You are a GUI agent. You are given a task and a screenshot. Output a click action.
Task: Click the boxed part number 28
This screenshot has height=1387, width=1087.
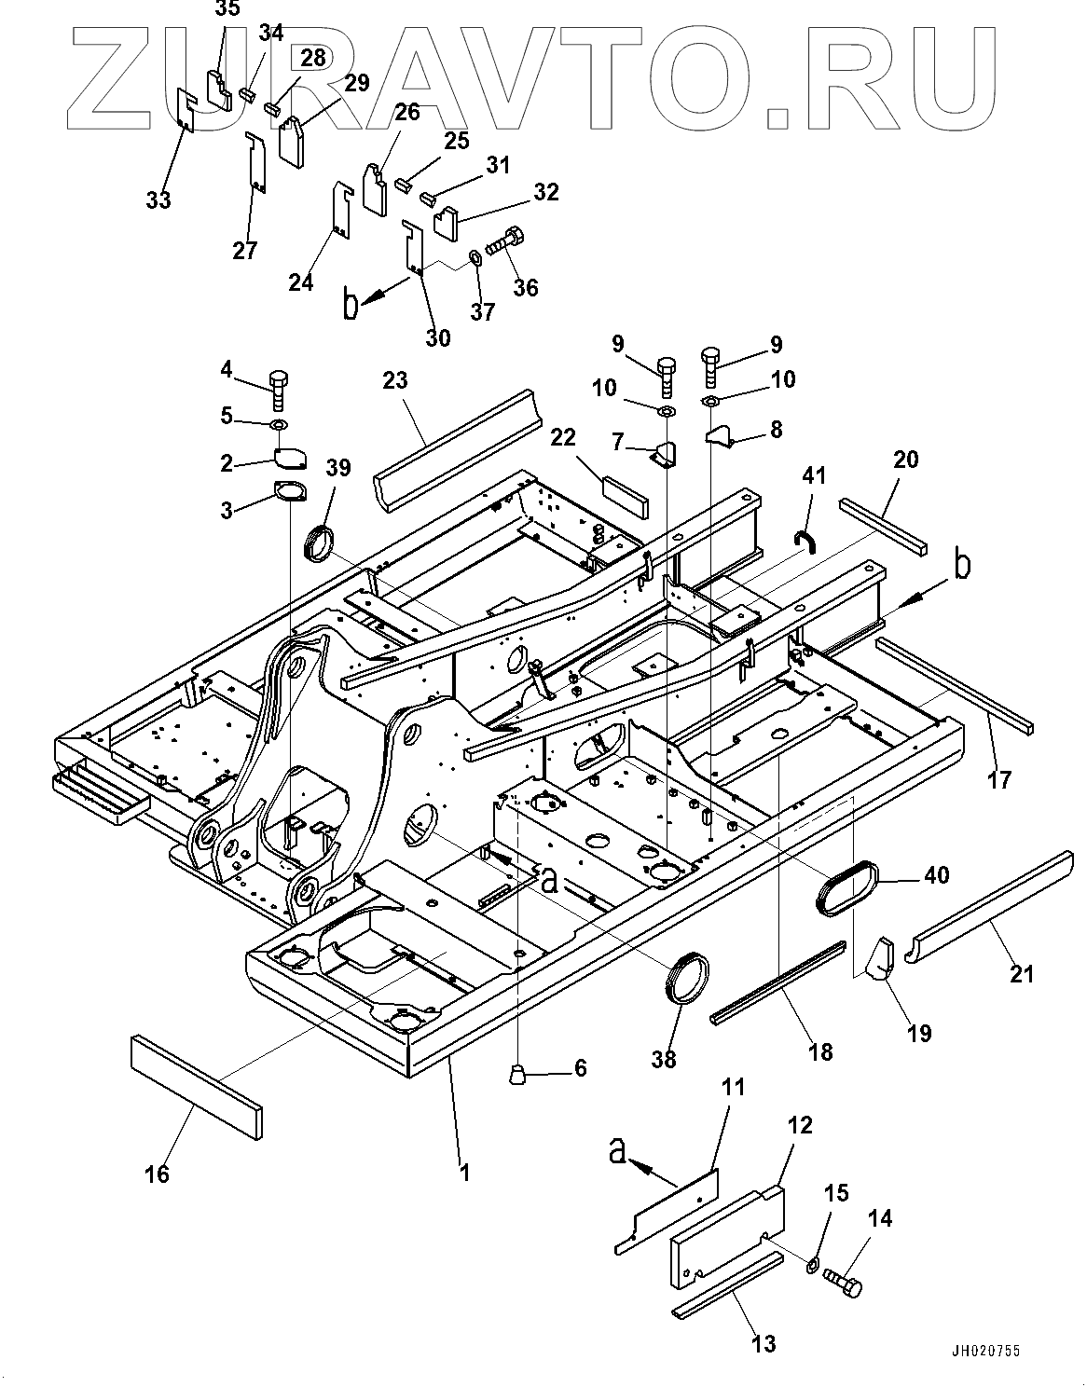(x=313, y=58)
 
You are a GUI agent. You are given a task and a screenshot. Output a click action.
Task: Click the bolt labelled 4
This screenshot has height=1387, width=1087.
(x=278, y=389)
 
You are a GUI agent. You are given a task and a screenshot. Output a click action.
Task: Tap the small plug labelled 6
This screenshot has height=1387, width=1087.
(x=517, y=1075)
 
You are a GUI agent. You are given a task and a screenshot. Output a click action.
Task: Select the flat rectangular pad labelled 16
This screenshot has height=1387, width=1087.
(x=196, y=1087)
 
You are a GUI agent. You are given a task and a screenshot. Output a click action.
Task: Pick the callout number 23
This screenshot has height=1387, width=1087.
(x=395, y=380)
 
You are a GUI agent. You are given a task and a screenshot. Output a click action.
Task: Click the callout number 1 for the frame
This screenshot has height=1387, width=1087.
(x=463, y=1171)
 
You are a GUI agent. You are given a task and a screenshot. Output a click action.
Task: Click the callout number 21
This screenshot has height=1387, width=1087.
(x=1022, y=974)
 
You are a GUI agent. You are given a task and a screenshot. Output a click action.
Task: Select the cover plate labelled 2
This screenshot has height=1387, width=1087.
(x=290, y=458)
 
